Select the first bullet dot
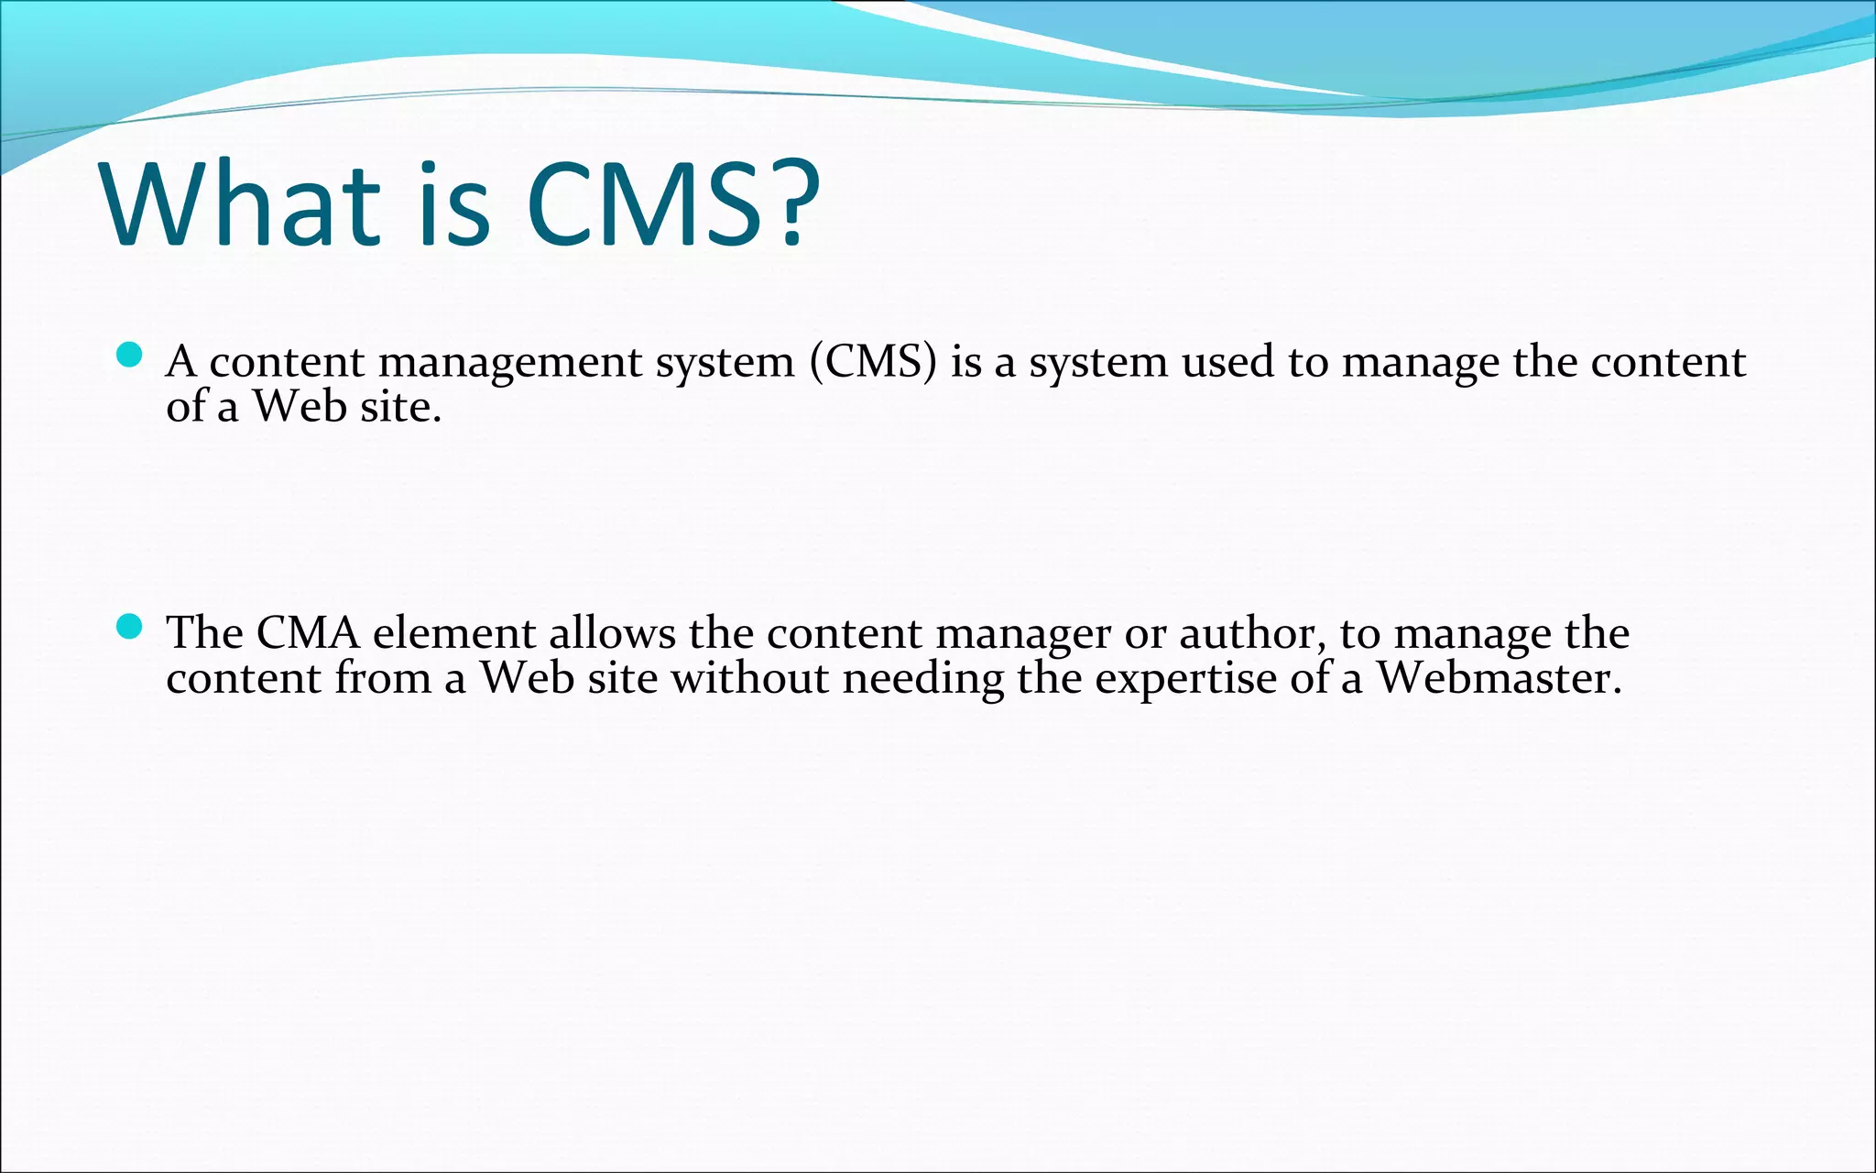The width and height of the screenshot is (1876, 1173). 130,355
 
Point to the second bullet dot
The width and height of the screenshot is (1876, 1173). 130,627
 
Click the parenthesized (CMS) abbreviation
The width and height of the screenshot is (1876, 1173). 873,361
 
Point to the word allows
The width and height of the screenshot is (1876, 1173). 612,633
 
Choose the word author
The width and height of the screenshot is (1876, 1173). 1251,633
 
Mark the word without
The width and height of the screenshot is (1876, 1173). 750,678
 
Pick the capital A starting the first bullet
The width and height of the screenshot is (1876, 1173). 181,361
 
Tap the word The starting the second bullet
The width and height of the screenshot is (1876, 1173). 203,633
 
